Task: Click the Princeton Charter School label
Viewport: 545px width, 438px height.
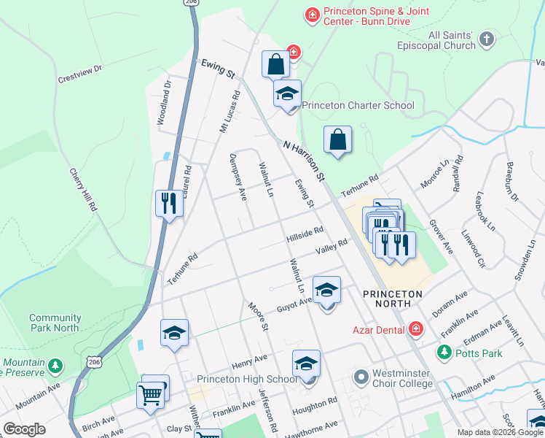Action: point(358,105)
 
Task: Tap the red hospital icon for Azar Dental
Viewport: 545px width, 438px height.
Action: point(415,330)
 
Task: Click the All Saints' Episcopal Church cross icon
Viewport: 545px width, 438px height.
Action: point(487,38)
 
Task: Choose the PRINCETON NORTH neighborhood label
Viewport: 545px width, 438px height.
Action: point(393,293)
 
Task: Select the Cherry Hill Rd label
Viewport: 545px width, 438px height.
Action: point(84,190)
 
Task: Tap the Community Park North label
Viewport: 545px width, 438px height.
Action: point(55,323)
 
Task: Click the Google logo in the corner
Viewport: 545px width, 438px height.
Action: point(25,429)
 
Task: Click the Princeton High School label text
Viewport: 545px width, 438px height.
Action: point(247,379)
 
